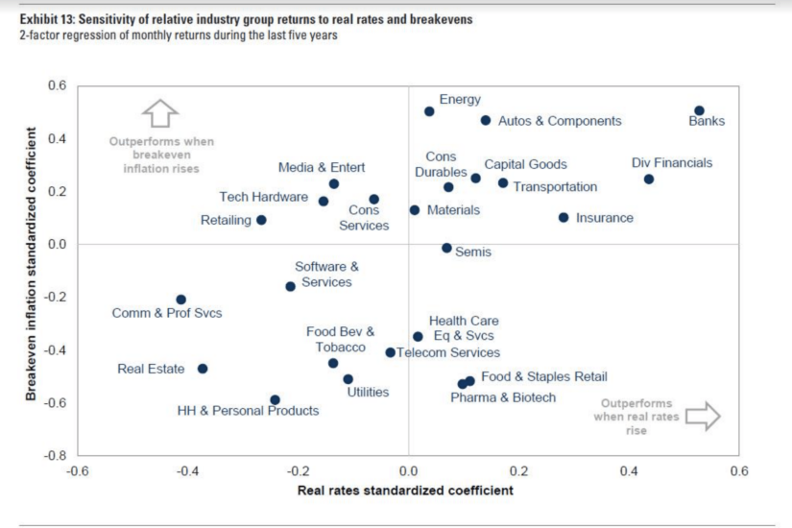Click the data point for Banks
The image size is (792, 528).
(x=699, y=111)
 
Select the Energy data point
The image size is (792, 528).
(x=429, y=111)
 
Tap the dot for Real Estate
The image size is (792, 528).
(x=203, y=369)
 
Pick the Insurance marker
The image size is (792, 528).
(x=564, y=218)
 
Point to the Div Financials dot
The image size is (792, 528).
(x=649, y=180)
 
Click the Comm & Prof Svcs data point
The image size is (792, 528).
(x=180, y=300)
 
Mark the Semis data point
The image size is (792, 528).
(x=446, y=248)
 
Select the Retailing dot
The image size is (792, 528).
(x=261, y=220)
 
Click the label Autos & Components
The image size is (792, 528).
(x=560, y=121)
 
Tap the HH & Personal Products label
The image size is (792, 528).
(x=248, y=411)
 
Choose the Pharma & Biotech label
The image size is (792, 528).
(x=503, y=396)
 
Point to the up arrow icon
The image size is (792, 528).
(x=159, y=113)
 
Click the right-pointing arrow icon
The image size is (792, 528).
(x=705, y=416)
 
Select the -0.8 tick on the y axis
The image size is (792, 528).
(x=59, y=455)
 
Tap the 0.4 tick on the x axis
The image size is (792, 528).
(x=629, y=471)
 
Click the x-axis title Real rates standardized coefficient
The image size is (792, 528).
(x=406, y=491)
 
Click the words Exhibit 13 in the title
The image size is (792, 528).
(x=46, y=19)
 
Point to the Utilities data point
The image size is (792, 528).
(x=348, y=379)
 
